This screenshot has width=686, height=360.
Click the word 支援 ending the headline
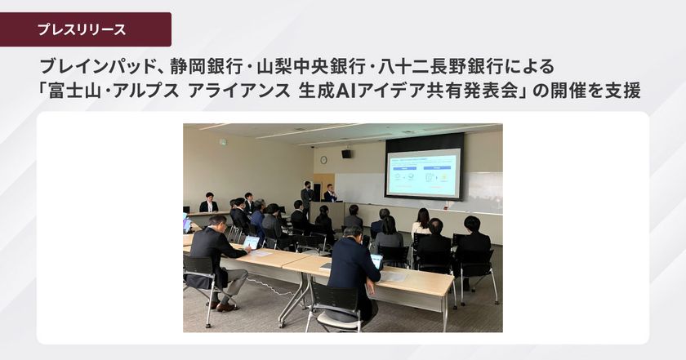620,91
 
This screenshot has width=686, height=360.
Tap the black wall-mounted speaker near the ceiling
346,153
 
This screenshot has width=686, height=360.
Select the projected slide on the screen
423,171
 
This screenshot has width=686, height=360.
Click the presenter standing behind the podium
330,194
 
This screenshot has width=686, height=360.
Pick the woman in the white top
421,221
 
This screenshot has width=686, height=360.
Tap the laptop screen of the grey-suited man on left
252,242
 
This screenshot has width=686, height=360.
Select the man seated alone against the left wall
209,203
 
